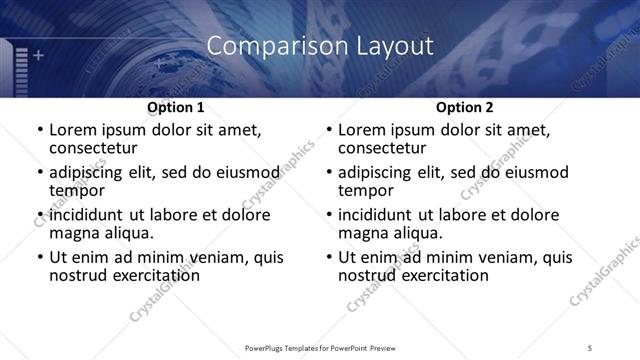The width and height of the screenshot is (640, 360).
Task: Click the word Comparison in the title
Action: (x=260, y=46)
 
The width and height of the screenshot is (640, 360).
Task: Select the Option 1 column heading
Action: (x=176, y=107)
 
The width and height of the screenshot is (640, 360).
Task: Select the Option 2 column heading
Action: (x=465, y=107)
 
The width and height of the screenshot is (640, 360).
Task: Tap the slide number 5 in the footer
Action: (x=591, y=348)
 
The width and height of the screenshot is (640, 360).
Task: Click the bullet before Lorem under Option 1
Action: (x=39, y=130)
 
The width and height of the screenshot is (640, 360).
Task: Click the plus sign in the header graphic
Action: (x=39, y=55)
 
